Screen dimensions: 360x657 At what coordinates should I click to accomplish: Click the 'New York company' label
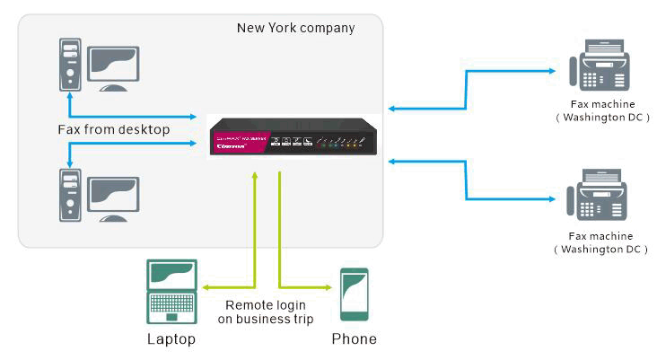(x=295, y=28)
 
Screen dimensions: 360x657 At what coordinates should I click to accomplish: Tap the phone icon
(x=354, y=294)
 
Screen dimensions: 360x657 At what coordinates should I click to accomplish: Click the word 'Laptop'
(x=171, y=339)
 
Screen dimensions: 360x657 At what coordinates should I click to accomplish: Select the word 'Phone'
(x=354, y=339)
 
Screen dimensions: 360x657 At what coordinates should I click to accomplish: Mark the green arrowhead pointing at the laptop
(x=206, y=287)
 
